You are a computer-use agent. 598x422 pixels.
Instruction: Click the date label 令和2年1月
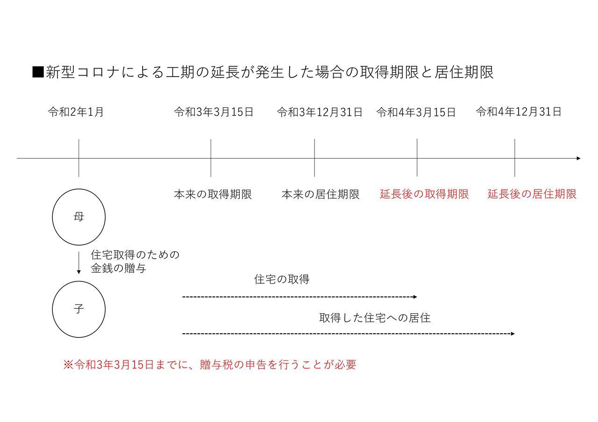76,112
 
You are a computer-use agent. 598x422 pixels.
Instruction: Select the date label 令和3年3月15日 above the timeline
214,112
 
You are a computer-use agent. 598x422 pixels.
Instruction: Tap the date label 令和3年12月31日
320,112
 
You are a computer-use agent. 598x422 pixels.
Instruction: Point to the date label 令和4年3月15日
416,112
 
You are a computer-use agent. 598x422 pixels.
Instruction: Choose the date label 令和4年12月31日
519,112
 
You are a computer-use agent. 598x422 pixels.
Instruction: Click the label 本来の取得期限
213,194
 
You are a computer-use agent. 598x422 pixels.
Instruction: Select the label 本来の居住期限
320,194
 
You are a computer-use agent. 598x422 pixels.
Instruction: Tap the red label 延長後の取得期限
424,194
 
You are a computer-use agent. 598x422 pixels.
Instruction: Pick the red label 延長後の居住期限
532,194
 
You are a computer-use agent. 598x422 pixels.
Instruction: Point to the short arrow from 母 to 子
79,263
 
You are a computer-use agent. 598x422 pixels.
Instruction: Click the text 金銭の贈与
118,268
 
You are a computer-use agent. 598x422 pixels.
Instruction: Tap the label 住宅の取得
282,279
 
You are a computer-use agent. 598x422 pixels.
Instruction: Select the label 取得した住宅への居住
375,318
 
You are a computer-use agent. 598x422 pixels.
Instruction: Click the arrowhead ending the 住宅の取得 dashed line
415,297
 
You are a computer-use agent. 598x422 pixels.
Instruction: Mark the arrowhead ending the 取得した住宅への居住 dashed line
513,334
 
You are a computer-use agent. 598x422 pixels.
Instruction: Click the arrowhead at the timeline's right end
578,158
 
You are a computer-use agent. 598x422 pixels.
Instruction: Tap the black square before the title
38,72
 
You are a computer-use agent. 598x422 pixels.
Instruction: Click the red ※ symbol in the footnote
68,365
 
